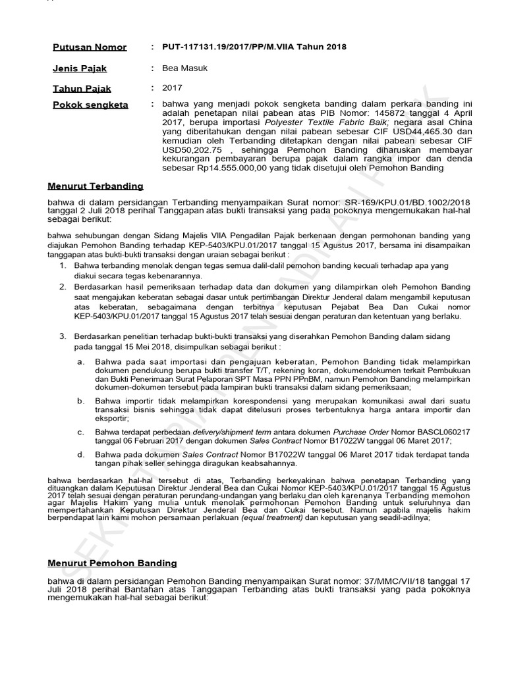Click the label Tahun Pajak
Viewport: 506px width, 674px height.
tap(82, 88)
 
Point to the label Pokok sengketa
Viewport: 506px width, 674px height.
tap(91, 105)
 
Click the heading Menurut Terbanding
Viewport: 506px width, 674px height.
tap(96, 186)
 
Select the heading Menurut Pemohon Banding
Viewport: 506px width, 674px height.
tap(112, 563)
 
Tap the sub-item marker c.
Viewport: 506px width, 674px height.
tap(81, 432)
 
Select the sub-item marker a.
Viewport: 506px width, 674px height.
tap(81, 362)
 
